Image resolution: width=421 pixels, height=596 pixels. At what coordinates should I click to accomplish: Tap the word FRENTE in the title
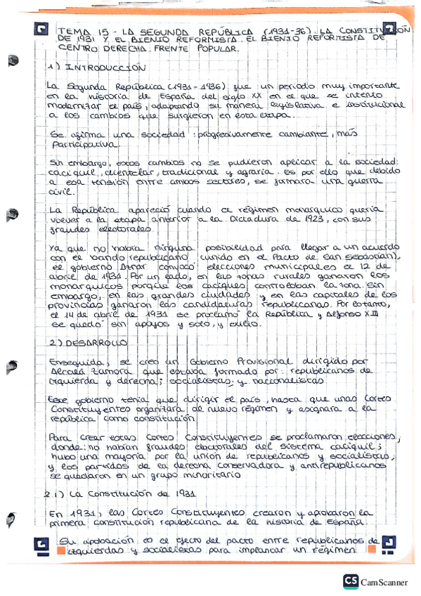tap(187, 49)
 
